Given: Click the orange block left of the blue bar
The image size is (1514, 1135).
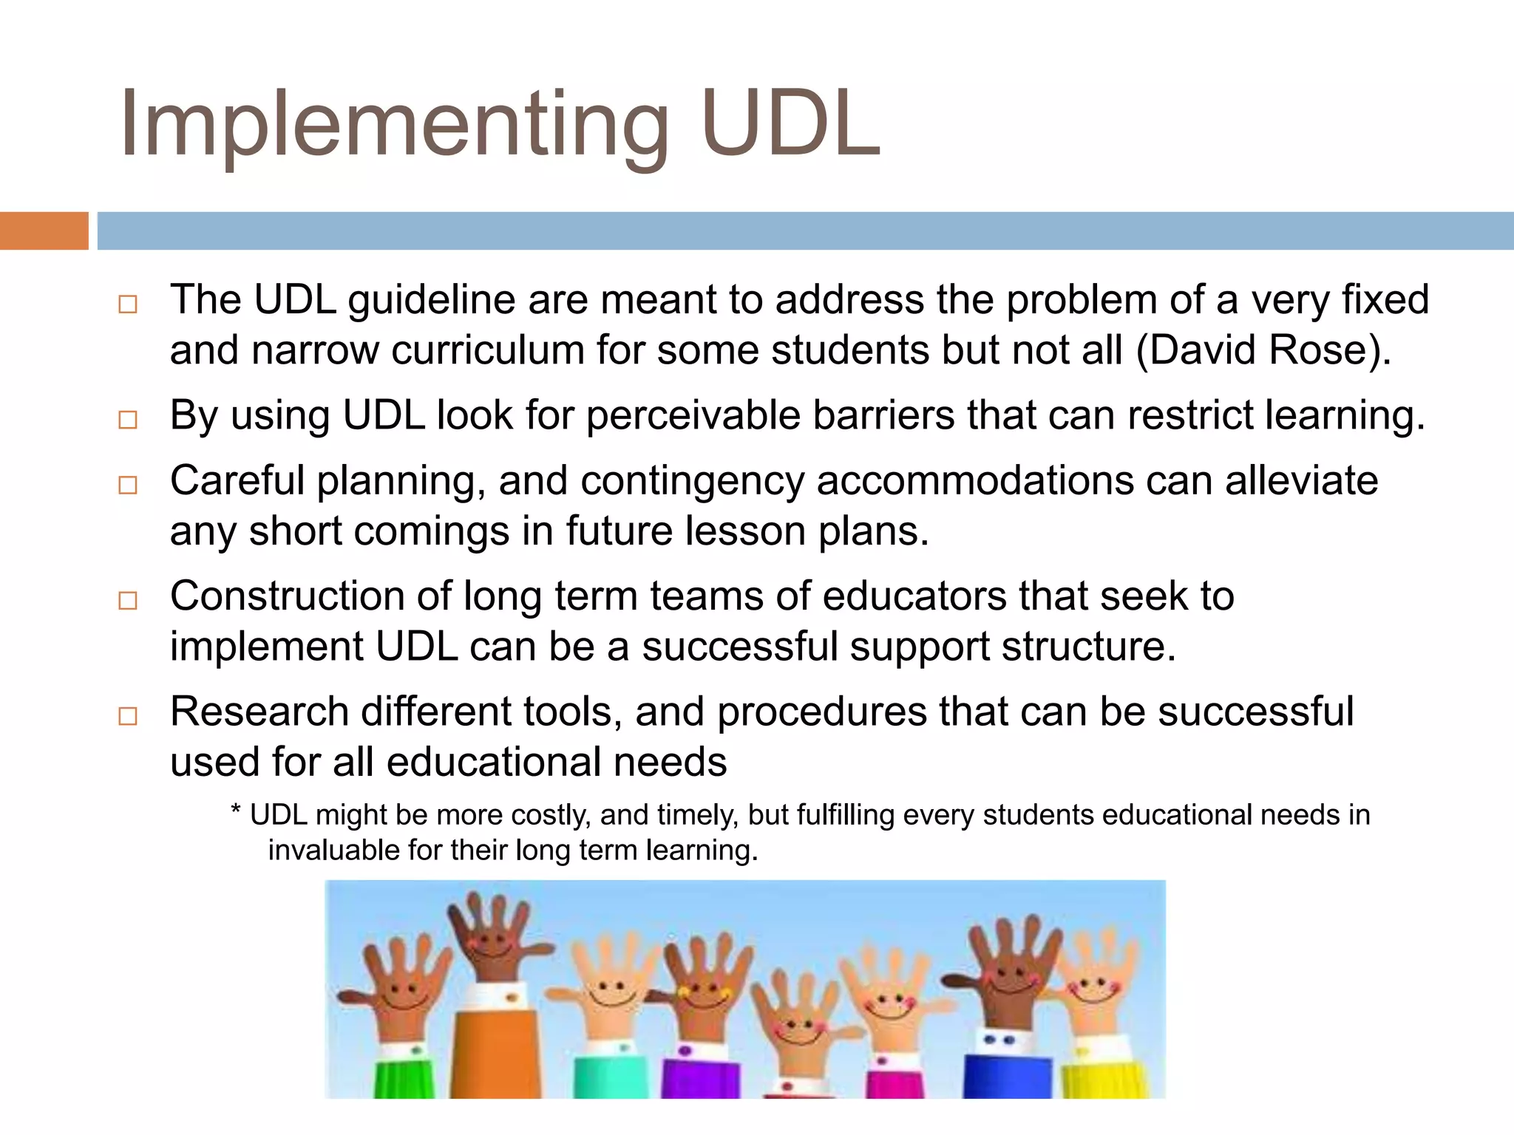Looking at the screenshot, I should pos(44,231).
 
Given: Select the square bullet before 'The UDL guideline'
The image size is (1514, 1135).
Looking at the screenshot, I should pos(128,304).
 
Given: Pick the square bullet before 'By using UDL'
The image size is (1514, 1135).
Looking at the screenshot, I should pos(128,420).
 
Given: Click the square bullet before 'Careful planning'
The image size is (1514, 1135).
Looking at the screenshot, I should pos(128,485).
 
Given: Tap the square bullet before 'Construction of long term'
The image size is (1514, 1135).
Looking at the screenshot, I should pos(128,600).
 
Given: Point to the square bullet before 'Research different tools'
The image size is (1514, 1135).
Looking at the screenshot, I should pos(128,715).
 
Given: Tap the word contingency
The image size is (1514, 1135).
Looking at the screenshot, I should pos(692,480).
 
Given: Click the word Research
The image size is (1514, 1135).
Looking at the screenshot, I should pos(259,711).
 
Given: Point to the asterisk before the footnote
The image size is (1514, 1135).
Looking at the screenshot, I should pos(236,813).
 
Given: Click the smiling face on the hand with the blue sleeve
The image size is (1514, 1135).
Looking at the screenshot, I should pos(1009,975).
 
